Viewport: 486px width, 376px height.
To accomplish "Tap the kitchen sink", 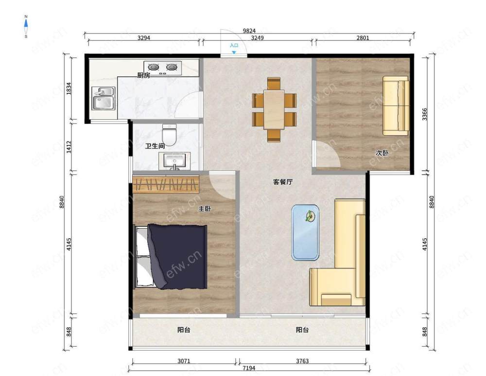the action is tap(104, 99).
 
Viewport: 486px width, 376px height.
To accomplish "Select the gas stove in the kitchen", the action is tap(163, 68).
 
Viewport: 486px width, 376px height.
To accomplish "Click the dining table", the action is tap(274, 109).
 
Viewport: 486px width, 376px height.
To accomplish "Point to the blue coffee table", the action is tap(305, 233).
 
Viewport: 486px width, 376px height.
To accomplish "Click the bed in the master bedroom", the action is tap(171, 256).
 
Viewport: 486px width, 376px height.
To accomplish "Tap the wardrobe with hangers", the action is tap(166, 184).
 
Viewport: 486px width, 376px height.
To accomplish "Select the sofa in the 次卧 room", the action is tap(396, 106).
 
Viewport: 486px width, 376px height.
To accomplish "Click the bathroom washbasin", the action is tap(174, 161).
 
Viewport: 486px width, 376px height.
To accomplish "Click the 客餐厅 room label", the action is tap(283, 182).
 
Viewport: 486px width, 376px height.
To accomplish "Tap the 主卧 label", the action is tap(205, 209).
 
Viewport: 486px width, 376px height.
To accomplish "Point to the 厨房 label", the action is tap(143, 75).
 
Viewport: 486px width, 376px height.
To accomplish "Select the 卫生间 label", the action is tap(155, 145).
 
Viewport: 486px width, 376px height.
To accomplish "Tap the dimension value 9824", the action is tap(249, 31).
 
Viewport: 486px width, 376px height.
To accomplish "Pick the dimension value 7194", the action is tap(249, 368).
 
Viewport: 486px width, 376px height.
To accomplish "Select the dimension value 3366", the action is tap(425, 114).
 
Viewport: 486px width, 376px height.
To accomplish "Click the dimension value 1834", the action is tap(69, 89).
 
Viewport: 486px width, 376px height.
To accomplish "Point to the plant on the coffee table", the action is tap(309, 216).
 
